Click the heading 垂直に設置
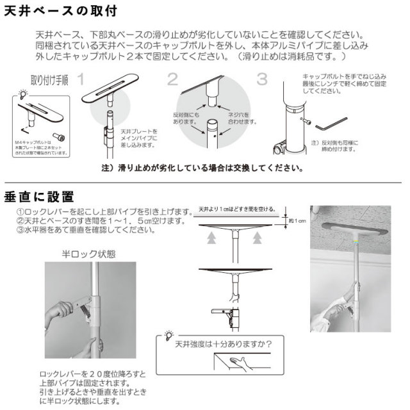tap(39, 195)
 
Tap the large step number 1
tap(81, 80)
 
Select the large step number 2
tap(172, 79)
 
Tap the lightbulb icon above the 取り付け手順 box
tap(25, 94)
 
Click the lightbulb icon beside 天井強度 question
tap(168, 334)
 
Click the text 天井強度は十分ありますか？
tap(224, 343)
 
